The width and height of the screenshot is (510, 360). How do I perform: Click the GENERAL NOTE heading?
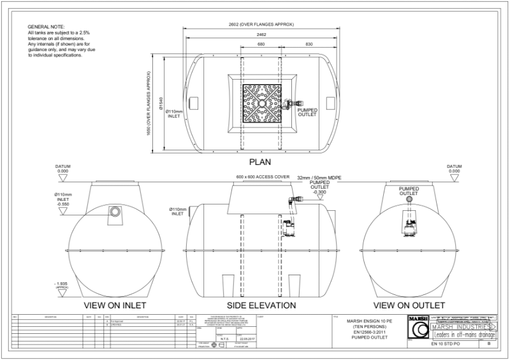(43, 26)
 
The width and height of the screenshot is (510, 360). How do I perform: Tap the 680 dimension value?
(261, 45)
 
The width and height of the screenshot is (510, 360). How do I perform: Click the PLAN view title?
(260, 161)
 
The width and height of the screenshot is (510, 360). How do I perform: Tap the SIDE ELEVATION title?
(261, 305)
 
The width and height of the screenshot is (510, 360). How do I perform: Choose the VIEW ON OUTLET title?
(409, 305)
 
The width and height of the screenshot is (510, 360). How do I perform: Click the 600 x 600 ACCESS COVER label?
(261, 176)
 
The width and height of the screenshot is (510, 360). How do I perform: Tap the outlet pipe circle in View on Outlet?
(409, 200)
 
